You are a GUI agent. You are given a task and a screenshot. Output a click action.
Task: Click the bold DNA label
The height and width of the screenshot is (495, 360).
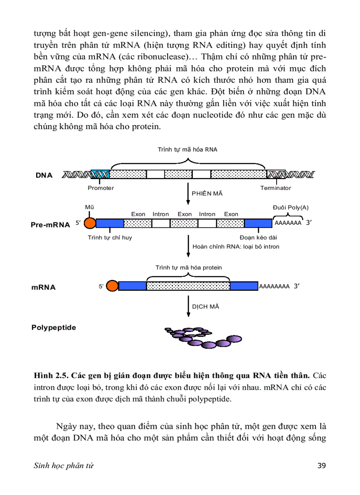44,175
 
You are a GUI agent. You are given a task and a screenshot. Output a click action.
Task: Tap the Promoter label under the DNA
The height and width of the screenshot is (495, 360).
101,188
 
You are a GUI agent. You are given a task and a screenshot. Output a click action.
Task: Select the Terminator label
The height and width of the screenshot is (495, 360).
276,188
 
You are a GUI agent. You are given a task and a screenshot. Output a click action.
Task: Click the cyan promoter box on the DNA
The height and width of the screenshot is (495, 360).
100,175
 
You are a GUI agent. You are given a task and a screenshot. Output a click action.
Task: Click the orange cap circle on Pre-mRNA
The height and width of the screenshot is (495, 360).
90,223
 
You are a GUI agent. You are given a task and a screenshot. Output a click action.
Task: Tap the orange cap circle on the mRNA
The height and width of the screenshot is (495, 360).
112,286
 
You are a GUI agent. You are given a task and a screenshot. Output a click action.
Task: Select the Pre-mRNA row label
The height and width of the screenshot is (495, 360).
50,225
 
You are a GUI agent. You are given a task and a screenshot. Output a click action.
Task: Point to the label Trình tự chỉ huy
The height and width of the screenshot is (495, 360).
110,238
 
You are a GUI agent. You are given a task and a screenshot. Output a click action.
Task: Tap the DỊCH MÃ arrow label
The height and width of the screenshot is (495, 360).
206,306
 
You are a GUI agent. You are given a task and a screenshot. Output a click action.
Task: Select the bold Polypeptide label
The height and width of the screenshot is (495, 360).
53,328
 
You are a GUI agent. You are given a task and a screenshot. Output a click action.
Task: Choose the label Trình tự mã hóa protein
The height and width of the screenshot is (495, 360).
188,268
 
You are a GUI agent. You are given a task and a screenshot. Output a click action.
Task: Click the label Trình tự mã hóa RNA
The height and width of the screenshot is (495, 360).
187,149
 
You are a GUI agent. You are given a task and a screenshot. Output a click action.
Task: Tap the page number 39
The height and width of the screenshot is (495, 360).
322,466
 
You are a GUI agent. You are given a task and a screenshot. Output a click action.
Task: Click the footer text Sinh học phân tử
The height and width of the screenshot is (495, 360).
64,466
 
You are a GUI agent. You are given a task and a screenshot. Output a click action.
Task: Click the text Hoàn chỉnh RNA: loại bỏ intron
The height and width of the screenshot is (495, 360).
236,246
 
